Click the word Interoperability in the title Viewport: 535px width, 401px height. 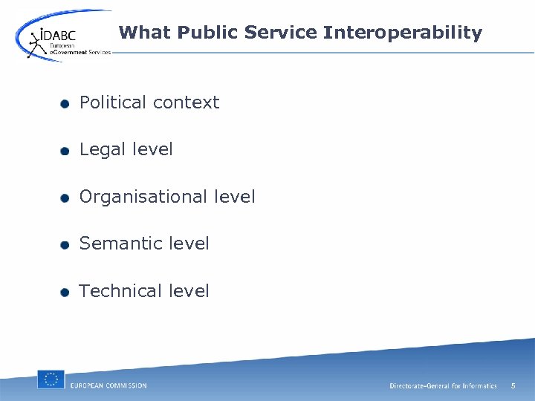(402, 33)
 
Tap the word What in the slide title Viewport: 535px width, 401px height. (143, 33)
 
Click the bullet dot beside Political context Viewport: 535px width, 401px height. (65, 104)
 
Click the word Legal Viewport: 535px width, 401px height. (103, 149)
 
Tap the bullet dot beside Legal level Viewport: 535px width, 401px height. (65, 151)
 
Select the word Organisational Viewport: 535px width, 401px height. (143, 197)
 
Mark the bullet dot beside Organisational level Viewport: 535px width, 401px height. (65, 198)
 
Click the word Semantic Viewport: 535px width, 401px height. (120, 244)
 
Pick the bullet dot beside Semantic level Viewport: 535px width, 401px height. (65, 245)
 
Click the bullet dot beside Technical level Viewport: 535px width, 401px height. (65, 292)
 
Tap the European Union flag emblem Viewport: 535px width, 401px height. (51, 379)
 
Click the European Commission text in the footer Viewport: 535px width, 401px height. (108, 385)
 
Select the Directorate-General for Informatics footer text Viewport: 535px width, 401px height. (443, 386)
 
